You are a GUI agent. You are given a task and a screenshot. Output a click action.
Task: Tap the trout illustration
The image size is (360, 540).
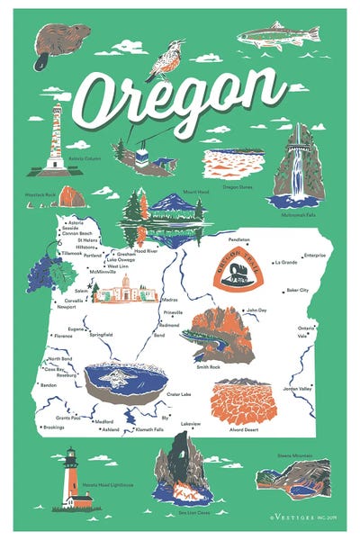coord(278,35)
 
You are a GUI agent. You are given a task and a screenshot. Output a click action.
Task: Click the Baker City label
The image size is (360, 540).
coord(297,291)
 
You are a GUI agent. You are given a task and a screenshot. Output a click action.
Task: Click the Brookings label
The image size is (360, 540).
coord(53,427)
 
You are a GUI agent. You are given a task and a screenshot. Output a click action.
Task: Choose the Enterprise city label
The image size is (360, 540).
coord(314,255)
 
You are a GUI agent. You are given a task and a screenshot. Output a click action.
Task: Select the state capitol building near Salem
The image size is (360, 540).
coord(125,289)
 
